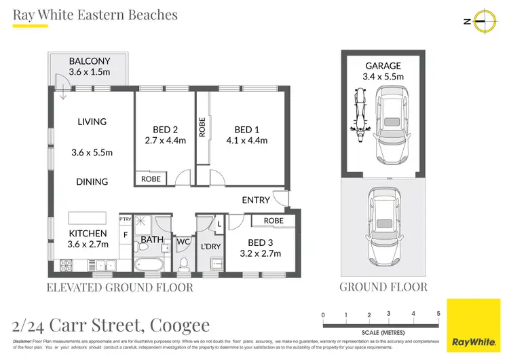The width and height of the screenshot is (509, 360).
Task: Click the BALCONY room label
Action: point(89,61)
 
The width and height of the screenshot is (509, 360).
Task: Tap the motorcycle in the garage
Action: point(359,120)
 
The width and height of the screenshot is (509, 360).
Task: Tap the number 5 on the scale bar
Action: point(439,314)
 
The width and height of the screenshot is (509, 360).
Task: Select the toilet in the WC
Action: point(183,264)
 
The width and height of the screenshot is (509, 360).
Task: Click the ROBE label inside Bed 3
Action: point(274,221)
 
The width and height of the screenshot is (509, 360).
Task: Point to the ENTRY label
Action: point(256,200)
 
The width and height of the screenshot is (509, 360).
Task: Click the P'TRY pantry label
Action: point(125,219)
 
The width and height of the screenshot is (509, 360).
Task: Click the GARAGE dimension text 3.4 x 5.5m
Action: point(383,77)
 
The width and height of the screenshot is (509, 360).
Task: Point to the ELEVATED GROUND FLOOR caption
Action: point(119,287)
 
